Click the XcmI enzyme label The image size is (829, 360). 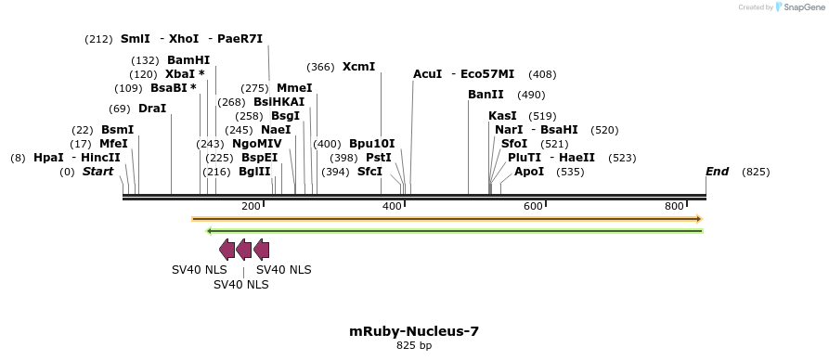pos(358,67)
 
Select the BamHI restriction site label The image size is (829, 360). pos(188,59)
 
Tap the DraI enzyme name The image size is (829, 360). pos(152,109)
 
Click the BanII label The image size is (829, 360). pos(486,95)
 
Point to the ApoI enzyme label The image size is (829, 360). pos(529,172)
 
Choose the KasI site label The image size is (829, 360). pos(502,116)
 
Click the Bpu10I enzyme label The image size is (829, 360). pos(371,144)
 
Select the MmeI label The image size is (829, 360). pos(294,88)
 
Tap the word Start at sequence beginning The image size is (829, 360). pos(97,172)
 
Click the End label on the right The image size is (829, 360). pos(717,172)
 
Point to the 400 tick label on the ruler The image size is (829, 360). pos(392,206)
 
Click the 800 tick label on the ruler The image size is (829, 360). pos(674,206)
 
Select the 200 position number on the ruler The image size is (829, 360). pos(251,206)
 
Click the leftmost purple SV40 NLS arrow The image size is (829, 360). pos(227,249)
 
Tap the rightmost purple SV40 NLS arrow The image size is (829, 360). pos(261,249)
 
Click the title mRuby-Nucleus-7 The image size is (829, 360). pos(414,330)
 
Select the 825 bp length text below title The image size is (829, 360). pos(414,346)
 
